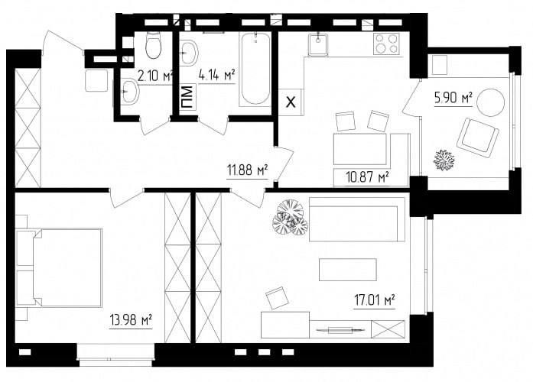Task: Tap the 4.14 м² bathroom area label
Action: [217, 76]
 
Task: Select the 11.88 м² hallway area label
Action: [248, 170]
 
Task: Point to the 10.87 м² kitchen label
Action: [368, 177]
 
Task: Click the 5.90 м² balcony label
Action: [453, 98]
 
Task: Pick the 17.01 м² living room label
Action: [375, 300]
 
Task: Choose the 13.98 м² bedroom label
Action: [131, 320]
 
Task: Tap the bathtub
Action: [255, 68]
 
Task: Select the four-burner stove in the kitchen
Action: [386, 44]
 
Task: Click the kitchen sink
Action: [318, 44]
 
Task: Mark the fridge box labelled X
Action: [291, 102]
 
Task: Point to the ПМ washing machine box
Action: [187, 98]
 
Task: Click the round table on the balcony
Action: [491, 102]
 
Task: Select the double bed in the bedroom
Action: [60, 267]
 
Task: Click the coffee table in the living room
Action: [348, 270]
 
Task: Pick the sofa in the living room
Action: [357, 219]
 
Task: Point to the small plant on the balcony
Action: [444, 160]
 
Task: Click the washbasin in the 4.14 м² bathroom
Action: [189, 53]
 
